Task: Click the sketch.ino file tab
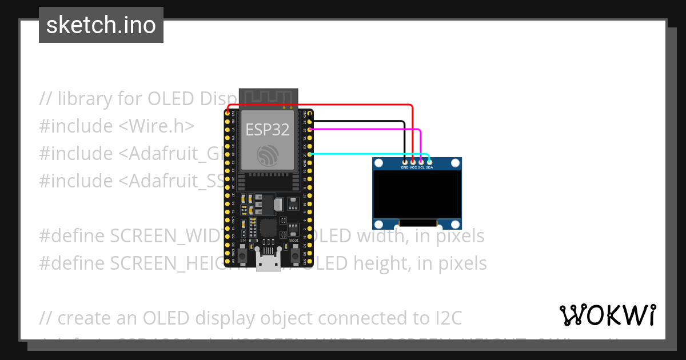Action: coord(101,25)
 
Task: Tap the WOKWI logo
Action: coord(607,315)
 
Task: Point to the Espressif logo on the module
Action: coord(268,155)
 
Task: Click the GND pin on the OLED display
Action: coord(405,163)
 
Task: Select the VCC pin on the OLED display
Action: coord(413,163)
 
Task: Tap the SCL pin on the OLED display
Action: coord(421,163)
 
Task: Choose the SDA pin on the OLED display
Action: coord(429,163)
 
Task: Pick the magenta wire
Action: coord(366,130)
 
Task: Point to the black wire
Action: coord(360,121)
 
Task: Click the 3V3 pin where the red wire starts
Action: coord(228,113)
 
